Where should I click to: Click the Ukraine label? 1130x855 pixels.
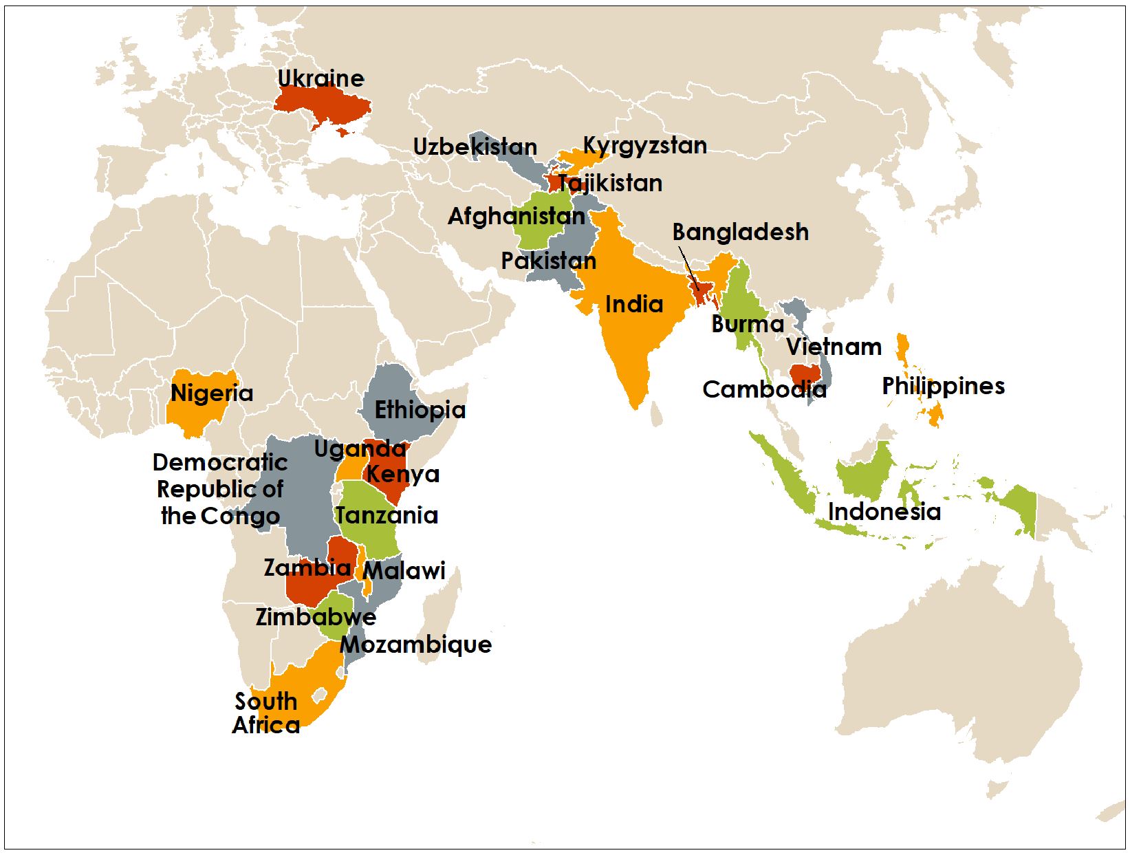click(320, 78)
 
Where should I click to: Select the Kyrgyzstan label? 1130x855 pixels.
click(644, 145)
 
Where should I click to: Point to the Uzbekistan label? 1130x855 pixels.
click(475, 147)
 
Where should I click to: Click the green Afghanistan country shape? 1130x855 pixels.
click(540, 234)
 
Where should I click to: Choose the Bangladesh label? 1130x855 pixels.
click(740, 232)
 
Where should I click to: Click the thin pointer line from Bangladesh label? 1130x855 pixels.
click(688, 268)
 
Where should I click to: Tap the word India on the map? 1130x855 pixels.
click(633, 304)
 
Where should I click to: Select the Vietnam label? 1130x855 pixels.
click(834, 347)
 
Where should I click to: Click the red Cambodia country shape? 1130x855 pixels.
click(805, 376)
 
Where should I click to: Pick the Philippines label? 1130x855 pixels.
click(943, 386)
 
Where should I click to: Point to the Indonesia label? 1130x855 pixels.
click(884, 512)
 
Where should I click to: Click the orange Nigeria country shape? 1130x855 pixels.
click(199, 409)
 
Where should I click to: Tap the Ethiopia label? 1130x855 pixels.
click(420, 410)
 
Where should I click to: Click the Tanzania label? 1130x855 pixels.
click(387, 515)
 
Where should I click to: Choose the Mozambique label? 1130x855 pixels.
click(416, 645)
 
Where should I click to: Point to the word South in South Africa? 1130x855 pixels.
click(265, 702)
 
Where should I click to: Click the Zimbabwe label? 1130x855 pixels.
click(316, 616)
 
